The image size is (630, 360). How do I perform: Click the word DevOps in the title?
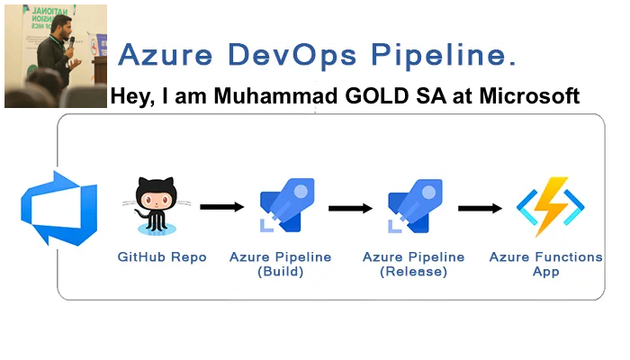tap(278, 56)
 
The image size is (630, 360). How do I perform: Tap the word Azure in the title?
tap(161, 56)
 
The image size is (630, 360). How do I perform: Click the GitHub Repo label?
tap(162, 257)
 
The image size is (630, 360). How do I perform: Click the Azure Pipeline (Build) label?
tap(280, 265)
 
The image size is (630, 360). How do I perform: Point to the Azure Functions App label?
tap(545, 265)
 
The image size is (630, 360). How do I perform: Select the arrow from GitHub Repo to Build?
tap(221, 208)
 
